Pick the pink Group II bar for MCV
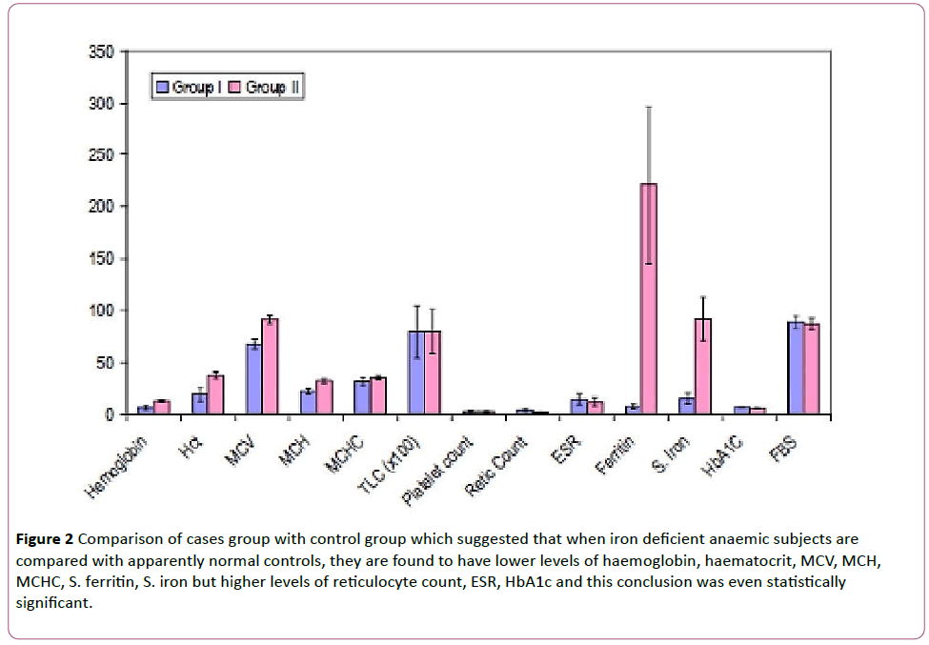coord(270,367)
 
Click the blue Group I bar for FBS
coord(795,369)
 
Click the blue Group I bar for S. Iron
coord(686,407)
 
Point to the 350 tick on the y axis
coord(100,51)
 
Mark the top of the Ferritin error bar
coord(648,107)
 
